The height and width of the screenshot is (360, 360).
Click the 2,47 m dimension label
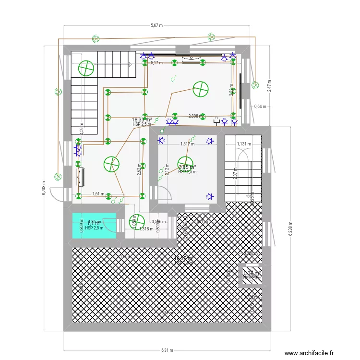click(269, 86)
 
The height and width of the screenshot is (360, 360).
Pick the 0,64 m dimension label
click(260, 106)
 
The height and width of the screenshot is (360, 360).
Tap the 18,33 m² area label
click(142, 120)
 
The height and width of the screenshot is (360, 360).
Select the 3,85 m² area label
click(186, 168)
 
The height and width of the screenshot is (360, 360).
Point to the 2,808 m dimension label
click(195, 116)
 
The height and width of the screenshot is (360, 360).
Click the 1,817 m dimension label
click(187, 144)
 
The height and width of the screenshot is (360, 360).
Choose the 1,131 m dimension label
click(244, 144)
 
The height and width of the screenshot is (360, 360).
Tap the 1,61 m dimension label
click(98, 193)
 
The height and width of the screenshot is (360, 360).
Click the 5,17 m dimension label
click(156, 62)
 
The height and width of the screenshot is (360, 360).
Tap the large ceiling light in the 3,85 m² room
click(185, 164)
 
